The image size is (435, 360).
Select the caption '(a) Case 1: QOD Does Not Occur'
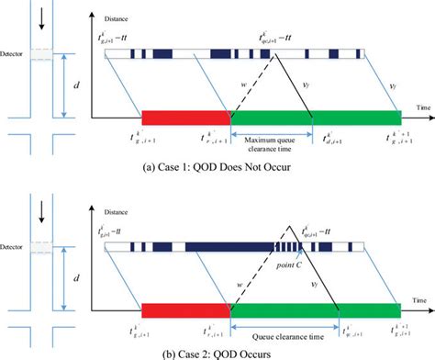pos(217,169)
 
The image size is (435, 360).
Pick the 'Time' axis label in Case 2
pos(418,291)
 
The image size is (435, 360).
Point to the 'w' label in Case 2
pos(241,274)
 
